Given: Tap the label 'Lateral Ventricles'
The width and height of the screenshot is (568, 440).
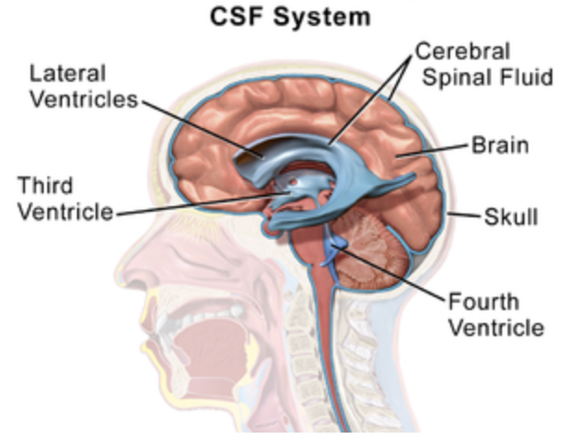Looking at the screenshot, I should (x=81, y=86).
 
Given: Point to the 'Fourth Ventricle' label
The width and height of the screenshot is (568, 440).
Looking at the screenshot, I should (x=494, y=315).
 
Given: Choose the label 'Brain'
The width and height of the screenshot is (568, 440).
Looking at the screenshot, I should (x=499, y=146).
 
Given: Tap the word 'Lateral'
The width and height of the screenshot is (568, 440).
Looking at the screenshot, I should (x=67, y=72).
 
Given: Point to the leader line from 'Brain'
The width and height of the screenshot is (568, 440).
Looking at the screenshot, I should (x=436, y=151).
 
